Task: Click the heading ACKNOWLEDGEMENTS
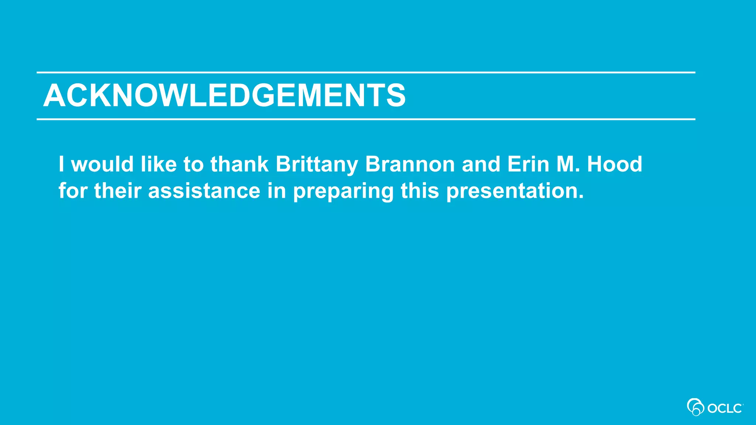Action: coord(224,96)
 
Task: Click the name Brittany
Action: coord(317,164)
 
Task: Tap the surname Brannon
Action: coord(410,164)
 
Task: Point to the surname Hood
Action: coord(615,164)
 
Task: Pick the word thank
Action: coord(239,164)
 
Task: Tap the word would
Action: coord(102,164)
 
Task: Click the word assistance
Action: coord(204,191)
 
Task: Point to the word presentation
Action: coord(515,191)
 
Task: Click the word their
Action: coord(118,191)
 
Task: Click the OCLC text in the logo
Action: coord(725,409)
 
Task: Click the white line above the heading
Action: coord(365,73)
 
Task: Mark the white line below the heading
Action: coord(365,120)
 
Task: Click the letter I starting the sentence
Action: coord(61,164)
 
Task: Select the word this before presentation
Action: coord(420,191)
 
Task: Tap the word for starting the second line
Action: coord(73,191)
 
